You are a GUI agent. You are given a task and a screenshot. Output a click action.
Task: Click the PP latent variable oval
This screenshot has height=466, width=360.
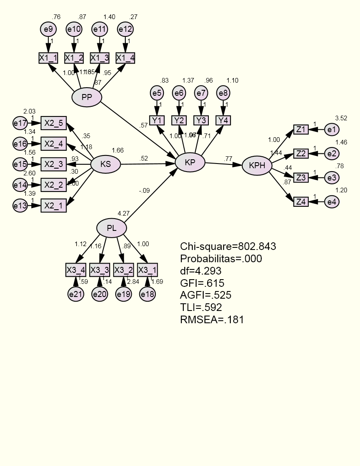tap(87, 98)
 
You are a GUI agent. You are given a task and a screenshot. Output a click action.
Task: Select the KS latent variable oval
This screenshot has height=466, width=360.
tap(106, 164)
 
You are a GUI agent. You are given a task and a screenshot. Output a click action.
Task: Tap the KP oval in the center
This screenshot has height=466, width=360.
tap(190, 163)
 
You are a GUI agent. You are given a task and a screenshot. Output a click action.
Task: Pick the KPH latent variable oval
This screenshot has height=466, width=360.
tap(257, 166)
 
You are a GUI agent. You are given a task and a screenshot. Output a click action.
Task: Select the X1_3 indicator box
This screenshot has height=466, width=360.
tap(100, 58)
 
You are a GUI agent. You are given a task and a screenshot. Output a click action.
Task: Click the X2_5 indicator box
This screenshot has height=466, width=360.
tap(54, 124)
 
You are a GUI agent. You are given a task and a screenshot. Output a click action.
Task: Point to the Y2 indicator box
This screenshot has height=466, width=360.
tap(179, 120)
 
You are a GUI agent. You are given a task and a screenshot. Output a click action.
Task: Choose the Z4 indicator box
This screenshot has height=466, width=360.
tap(301, 202)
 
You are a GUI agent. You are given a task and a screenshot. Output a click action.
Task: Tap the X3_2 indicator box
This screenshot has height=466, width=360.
tap(124, 269)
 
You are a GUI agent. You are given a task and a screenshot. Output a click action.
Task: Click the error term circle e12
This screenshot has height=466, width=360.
tap(125, 30)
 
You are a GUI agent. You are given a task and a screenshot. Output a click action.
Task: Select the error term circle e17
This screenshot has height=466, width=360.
tap(20, 124)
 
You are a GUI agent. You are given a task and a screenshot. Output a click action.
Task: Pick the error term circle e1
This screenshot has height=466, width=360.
tap(332, 130)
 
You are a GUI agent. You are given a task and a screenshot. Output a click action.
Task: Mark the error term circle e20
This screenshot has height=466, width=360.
tap(100, 294)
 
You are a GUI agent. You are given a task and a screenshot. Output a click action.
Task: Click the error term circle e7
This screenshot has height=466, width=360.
tap(201, 93)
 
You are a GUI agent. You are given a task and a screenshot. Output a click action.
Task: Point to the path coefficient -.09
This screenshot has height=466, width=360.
tap(144, 191)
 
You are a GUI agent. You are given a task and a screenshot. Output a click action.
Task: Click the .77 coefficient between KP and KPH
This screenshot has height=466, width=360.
tap(228, 159)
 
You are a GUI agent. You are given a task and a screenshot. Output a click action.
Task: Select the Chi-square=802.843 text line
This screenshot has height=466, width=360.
tap(228, 247)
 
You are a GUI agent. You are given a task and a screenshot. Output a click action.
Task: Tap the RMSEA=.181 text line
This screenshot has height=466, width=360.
tap(212, 320)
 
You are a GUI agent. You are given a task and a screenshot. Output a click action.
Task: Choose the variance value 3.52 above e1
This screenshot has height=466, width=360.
tap(341, 118)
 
